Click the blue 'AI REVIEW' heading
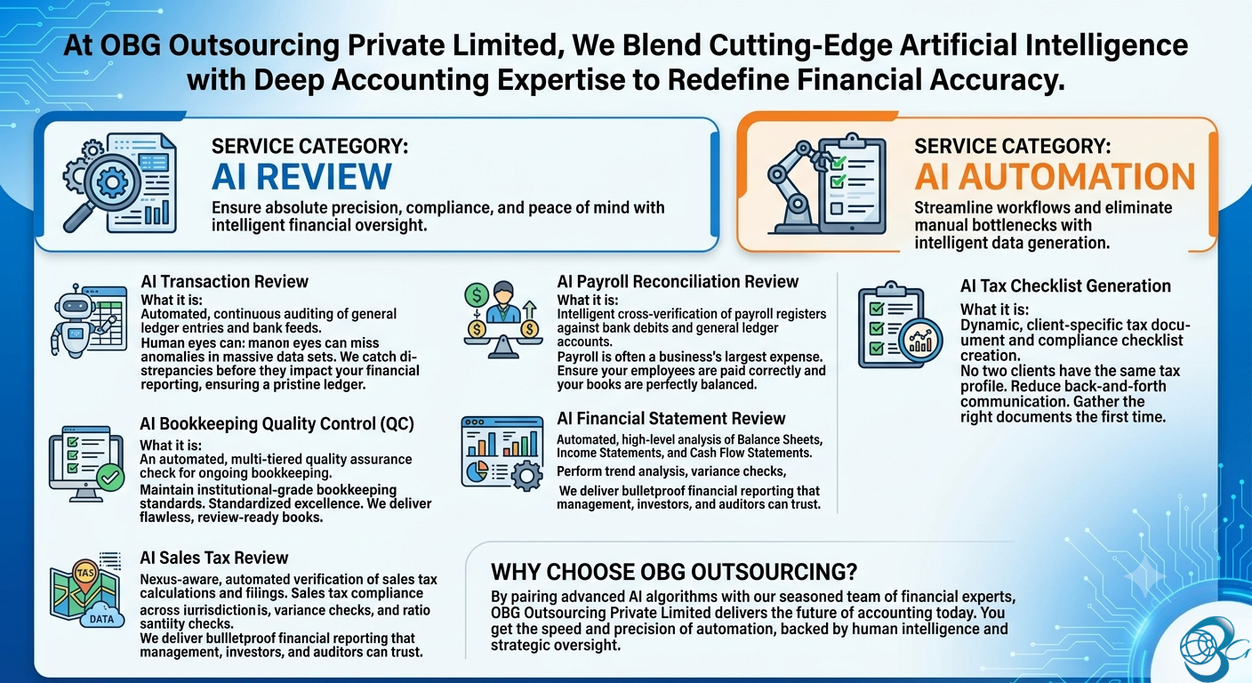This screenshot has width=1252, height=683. [x=301, y=177]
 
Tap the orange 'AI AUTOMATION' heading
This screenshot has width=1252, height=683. [x=1055, y=177]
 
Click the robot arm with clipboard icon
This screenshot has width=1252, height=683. [x=827, y=183]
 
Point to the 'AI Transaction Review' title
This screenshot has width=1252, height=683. [x=224, y=281]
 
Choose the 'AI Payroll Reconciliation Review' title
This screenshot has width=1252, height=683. [x=678, y=281]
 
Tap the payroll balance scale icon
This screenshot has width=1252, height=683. [x=502, y=319]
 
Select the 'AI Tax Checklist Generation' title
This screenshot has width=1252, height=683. [x=1065, y=286]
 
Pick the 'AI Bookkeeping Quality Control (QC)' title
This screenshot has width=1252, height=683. [x=277, y=423]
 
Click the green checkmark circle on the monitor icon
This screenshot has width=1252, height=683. [x=110, y=478]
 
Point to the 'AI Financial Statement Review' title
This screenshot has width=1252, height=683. [x=670, y=418]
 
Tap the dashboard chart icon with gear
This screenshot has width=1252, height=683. [x=502, y=454]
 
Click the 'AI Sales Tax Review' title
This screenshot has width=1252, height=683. [x=213, y=558]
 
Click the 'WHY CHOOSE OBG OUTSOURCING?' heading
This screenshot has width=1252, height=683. [x=674, y=572]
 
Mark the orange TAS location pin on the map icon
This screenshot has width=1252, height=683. [x=85, y=575]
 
